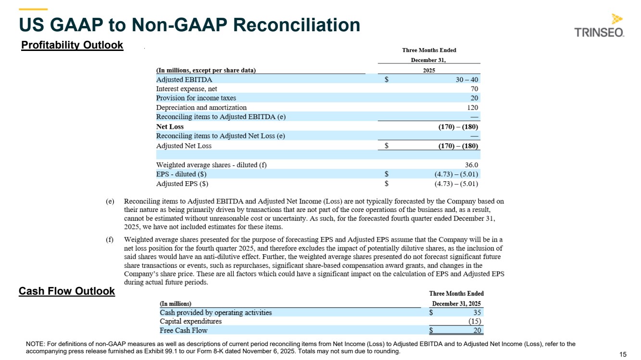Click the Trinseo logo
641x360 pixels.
point(599,26)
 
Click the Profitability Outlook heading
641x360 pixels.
point(72,45)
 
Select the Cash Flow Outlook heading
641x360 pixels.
point(67,291)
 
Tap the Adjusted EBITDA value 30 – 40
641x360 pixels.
point(467,80)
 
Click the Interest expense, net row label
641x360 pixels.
point(187,89)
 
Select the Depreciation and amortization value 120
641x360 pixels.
point(472,108)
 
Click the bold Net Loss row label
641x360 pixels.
point(170,127)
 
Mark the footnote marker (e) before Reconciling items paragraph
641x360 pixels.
point(110,201)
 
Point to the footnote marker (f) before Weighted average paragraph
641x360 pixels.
point(110,239)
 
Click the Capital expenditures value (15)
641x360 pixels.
point(475,322)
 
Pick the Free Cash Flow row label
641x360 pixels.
point(184,331)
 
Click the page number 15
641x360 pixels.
point(623,354)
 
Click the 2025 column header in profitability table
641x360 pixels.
point(428,70)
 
